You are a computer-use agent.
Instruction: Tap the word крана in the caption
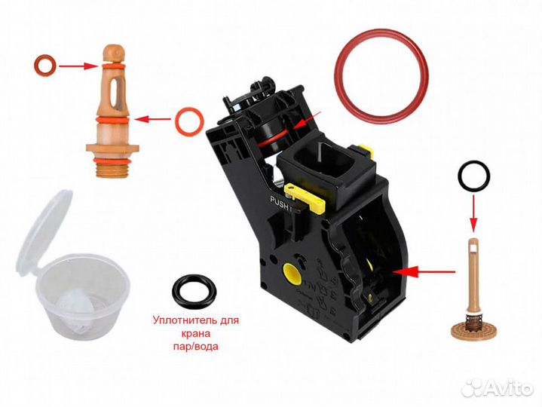[x=196, y=333]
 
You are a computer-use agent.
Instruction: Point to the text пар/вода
[x=196, y=346]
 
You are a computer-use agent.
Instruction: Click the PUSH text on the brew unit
[x=280, y=203]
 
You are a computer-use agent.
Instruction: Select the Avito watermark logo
[x=498, y=387]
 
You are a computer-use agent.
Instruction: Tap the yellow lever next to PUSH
[x=305, y=197]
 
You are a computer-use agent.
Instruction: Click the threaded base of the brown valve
[x=112, y=171]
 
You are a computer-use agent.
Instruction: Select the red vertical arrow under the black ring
[x=473, y=213]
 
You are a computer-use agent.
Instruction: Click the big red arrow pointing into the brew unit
[x=426, y=272]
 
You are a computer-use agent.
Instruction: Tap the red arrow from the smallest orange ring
[x=78, y=66]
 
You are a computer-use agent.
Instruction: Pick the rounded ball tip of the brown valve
[x=114, y=52]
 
